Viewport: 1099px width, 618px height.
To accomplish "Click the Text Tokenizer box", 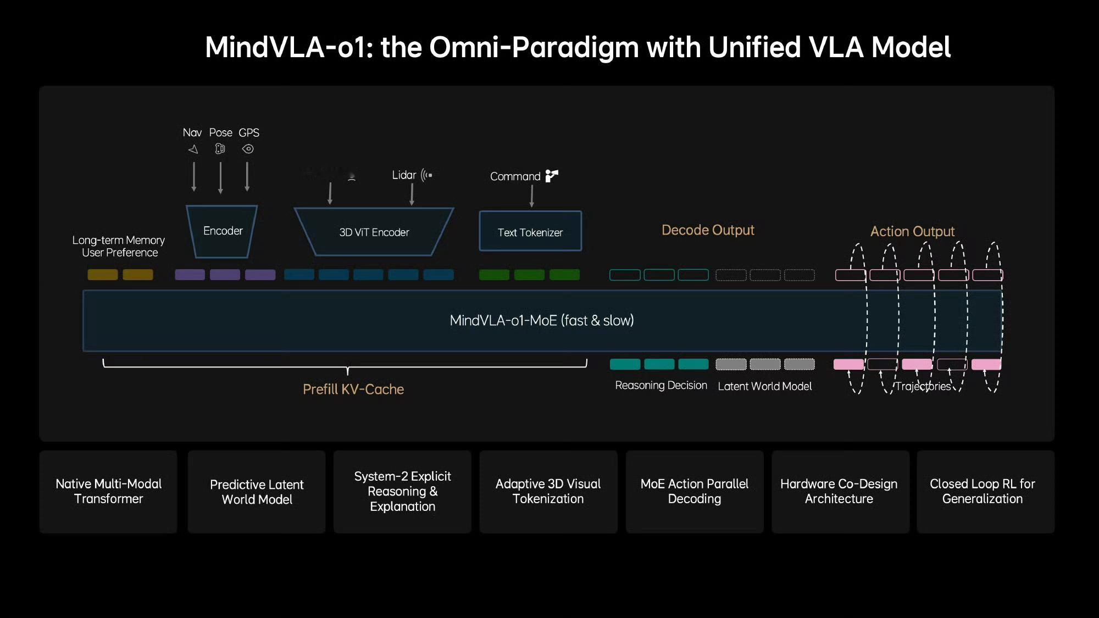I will [x=530, y=232].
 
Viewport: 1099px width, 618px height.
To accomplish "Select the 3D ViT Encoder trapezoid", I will [x=374, y=232].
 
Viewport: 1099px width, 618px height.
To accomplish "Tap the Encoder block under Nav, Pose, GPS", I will [x=223, y=231].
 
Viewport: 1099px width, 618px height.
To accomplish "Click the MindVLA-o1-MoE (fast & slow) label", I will [x=541, y=320].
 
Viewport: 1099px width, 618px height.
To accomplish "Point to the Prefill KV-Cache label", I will [x=353, y=389].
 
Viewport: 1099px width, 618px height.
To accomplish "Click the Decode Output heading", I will [x=708, y=230].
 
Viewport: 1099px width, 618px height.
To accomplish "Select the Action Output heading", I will [x=912, y=231].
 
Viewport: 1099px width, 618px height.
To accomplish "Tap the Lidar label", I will [x=404, y=175].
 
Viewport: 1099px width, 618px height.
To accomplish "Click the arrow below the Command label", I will [x=531, y=196].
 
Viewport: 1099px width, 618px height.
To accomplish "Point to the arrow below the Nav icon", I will [x=194, y=176].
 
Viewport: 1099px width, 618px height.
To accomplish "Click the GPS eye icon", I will [x=248, y=149].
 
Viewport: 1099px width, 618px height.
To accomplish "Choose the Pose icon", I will [x=220, y=149].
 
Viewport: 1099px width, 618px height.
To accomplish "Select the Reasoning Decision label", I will [x=661, y=386].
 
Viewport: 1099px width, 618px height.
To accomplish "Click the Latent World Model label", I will [x=764, y=386].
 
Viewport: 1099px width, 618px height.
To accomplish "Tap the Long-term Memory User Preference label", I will [x=119, y=246].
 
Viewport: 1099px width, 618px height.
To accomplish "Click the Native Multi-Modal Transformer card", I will [x=108, y=492].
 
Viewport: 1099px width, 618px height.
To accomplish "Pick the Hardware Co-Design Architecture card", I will [x=839, y=492].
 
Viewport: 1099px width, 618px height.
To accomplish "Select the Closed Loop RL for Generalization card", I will [x=983, y=492].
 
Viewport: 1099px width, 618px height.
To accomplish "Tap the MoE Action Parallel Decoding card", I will [x=695, y=492].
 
